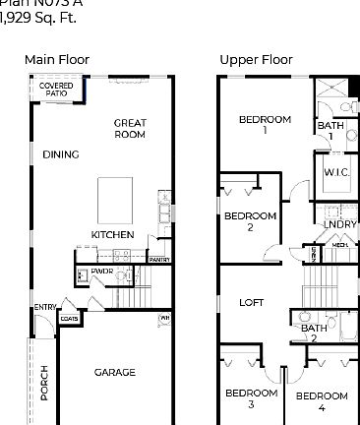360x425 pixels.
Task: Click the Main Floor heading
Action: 56,60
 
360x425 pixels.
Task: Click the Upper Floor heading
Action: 256,60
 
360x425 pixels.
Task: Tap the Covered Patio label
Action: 56,91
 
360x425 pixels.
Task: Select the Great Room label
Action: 130,129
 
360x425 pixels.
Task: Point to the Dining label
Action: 61,154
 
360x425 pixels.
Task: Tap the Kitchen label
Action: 112,235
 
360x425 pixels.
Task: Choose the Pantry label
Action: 159,259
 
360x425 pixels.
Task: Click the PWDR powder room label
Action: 102,271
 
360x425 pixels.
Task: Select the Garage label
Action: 115,372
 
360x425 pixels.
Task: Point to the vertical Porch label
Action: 44,383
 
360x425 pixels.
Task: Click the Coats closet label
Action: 69,318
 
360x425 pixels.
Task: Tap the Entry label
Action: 44,307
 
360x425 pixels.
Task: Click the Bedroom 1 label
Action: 265,124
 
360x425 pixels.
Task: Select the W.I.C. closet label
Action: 331,172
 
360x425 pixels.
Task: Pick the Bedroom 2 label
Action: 250,220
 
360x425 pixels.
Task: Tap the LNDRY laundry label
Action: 339,224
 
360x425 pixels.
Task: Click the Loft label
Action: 252,302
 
